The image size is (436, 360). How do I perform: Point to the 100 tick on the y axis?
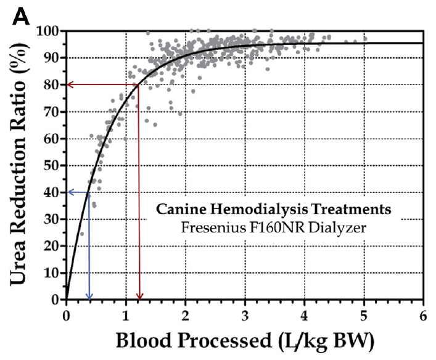[49, 31]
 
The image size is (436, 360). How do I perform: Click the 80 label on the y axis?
[52, 84]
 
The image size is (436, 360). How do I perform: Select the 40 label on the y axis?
[52, 192]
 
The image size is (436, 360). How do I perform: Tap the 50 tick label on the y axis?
[52, 165]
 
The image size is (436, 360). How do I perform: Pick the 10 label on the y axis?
[52, 273]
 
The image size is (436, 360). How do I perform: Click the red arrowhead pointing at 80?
[70, 84]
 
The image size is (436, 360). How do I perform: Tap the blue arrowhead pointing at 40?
[70, 192]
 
